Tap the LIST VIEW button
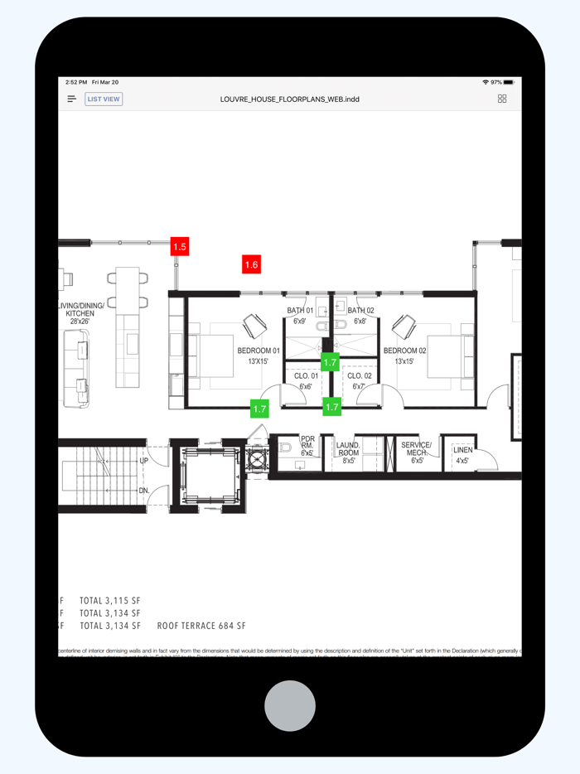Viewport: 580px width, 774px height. click(104, 99)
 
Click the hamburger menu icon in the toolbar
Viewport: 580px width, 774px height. click(72, 99)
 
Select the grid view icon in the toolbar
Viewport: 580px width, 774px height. click(502, 99)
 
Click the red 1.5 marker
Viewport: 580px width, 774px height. click(180, 246)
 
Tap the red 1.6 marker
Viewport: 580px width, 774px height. click(251, 264)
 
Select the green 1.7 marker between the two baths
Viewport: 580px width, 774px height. click(330, 362)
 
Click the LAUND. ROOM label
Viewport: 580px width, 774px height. click(348, 449)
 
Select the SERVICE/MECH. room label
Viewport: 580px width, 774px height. click(417, 449)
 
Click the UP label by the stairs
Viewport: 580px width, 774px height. click(144, 461)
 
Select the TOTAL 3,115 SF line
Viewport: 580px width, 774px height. click(110, 600)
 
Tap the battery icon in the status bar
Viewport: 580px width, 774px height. click(509, 83)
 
